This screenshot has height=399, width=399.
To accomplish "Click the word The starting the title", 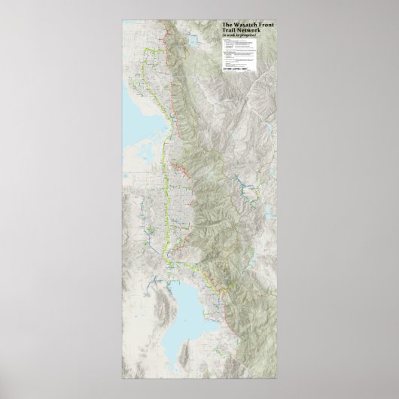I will tap(226, 25).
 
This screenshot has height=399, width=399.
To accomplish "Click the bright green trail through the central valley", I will tap(165, 188).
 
